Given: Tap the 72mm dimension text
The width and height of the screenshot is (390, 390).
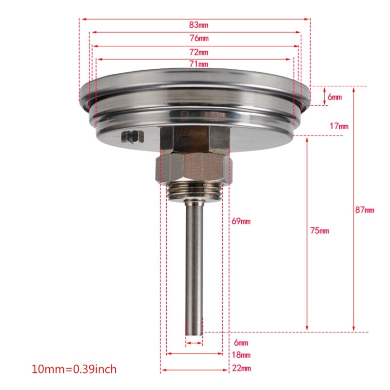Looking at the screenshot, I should pos(198,52).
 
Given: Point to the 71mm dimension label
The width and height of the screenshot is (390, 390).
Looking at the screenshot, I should pos(198,64).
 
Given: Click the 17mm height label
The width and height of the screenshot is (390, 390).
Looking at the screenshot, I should pos(339,126).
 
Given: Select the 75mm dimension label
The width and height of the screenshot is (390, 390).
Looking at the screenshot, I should pos(320,231).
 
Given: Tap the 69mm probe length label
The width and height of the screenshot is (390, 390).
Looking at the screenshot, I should pos(241,221).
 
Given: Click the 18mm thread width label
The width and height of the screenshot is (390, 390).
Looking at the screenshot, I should pos(241,355).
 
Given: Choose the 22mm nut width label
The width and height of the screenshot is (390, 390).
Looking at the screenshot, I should pos(241,368).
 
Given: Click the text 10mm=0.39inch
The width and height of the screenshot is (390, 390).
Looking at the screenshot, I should pos(74,368).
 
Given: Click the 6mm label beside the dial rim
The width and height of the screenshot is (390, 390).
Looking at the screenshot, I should pos(334,97).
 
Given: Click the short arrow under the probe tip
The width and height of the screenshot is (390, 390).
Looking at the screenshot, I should pos(194,343).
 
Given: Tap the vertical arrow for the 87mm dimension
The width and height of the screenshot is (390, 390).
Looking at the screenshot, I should pos(354,210).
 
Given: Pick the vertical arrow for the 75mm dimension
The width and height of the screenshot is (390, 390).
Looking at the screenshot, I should pos(307,234).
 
